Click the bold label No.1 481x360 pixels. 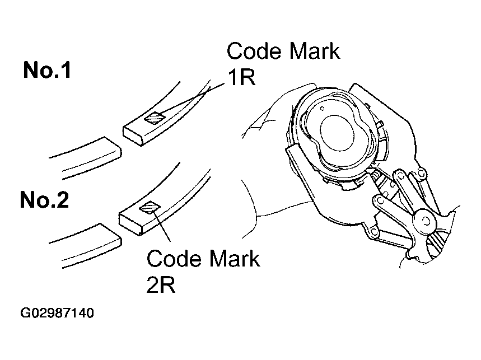[47, 70]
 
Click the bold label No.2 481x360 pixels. [44, 200]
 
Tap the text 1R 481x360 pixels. [241, 77]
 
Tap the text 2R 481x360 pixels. [161, 285]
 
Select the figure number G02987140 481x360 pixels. [57, 313]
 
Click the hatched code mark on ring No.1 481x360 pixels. [155, 118]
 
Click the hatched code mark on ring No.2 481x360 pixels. [150, 208]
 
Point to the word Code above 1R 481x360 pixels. [254, 50]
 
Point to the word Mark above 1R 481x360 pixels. [315, 50]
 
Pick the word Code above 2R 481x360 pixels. [174, 258]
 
